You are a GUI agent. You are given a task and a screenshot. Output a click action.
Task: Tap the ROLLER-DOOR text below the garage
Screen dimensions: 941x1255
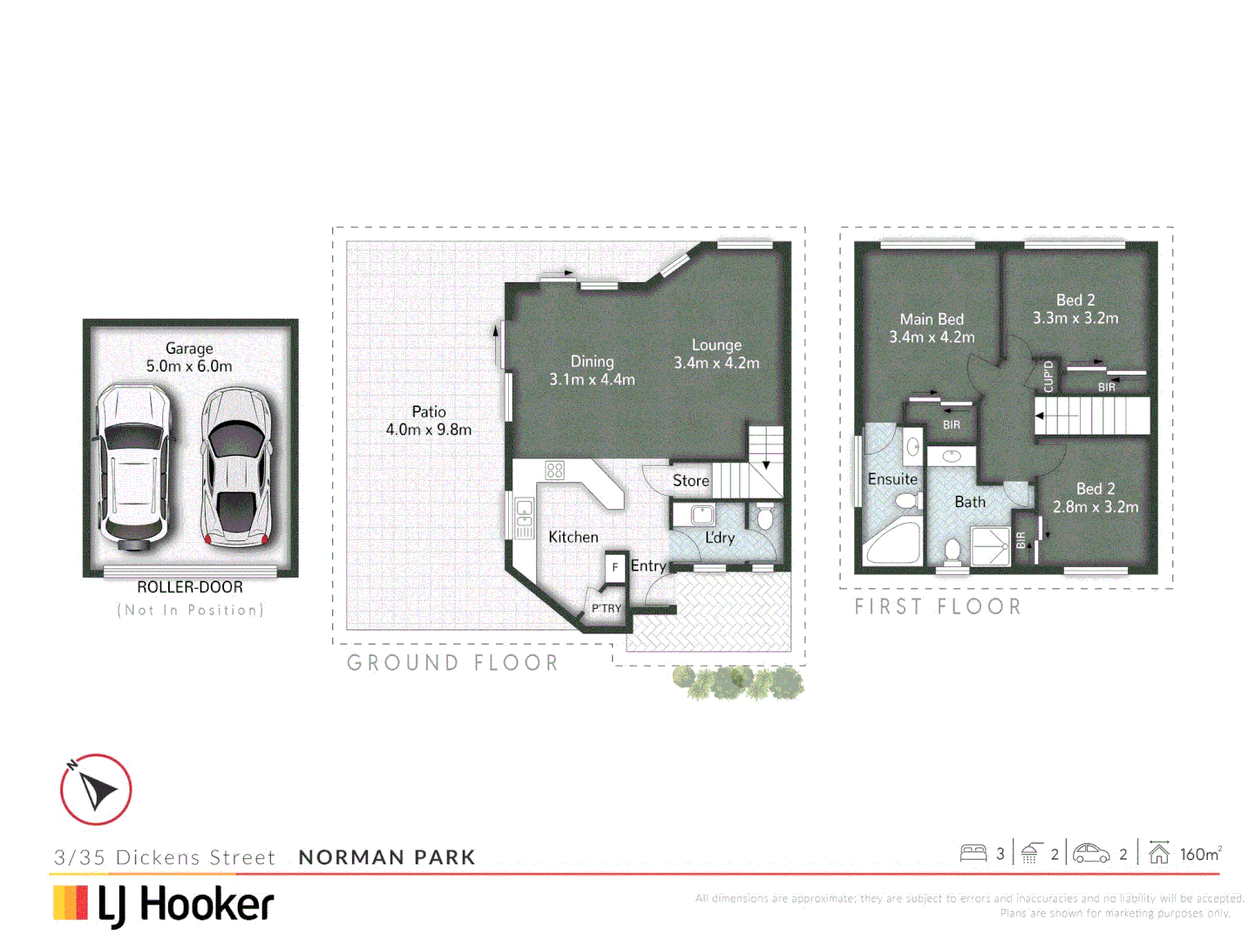pos(189,587)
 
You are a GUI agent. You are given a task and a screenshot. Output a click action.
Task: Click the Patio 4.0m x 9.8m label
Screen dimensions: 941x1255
pos(429,421)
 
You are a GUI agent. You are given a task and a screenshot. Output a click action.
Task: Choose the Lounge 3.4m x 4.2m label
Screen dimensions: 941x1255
pos(716,354)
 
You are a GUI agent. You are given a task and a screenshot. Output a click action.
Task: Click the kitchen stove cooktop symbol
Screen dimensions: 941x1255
pos(554,470)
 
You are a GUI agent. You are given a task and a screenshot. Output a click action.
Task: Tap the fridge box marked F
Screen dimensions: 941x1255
pos(615,567)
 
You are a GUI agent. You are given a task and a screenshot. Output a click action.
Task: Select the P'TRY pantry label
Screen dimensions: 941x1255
pos(607,608)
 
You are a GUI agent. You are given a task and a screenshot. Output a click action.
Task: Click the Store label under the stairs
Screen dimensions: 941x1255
pos(690,481)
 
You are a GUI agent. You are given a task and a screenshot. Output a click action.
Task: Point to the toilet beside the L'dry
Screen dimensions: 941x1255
pos(765,518)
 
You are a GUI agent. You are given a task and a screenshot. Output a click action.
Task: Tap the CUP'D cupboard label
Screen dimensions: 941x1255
pos(1048,376)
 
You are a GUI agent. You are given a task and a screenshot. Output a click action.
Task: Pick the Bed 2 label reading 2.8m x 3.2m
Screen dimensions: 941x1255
pos(1096,498)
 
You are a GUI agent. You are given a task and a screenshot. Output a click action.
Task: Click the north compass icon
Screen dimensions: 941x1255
pos(96,789)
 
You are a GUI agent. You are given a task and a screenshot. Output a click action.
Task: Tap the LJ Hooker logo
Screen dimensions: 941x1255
pos(164,904)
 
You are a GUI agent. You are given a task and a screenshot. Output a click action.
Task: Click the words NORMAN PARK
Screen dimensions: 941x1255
pos(387,857)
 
